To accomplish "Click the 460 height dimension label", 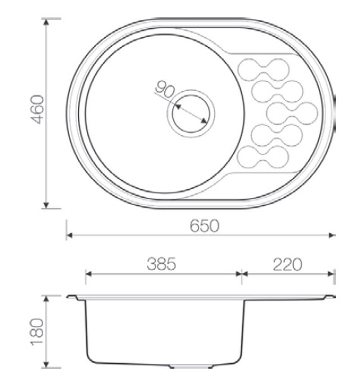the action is pos(38,109).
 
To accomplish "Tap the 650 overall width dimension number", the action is pos(204,226).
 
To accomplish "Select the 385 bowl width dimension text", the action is pos(162,264).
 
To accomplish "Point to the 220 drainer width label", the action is pos(288,264).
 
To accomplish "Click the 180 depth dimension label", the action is pos(37,332).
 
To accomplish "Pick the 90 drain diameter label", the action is pos(165,89).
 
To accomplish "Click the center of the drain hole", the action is pos(191,114).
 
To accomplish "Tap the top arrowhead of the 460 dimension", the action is pos(46,22).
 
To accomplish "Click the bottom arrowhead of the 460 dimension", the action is pos(46,205).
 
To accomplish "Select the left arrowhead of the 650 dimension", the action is pos(69,235).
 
